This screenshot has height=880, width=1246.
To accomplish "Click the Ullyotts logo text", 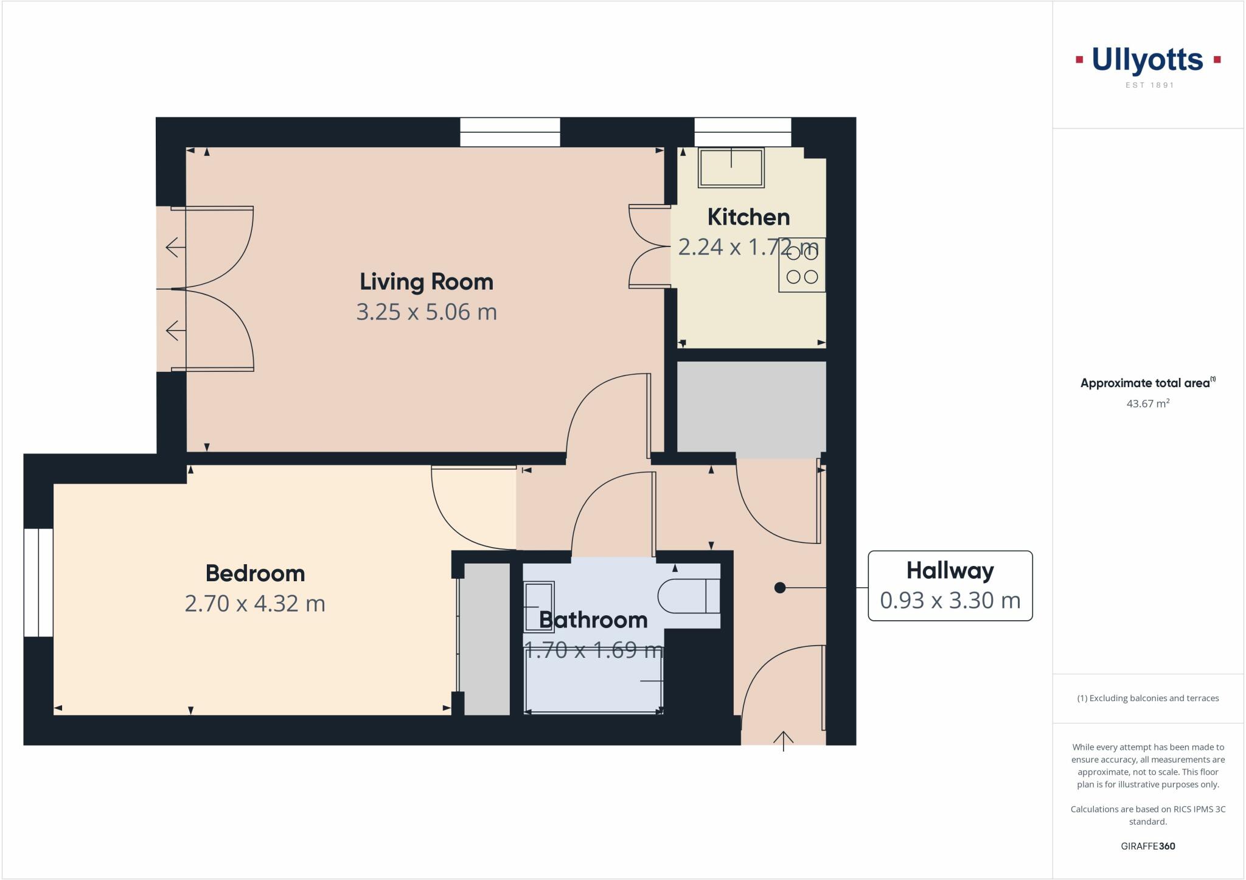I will pos(1147,60).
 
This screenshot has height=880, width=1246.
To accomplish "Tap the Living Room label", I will pos(426,282).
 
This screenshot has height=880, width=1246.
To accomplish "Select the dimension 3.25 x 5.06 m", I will pos(426,312).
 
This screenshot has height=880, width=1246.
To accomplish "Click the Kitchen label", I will pos(748,217).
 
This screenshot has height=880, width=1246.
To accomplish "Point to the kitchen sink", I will pos(731,167).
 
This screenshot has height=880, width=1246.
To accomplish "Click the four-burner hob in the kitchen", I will pos(802,265).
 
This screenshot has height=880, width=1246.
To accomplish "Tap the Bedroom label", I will pos(255,573).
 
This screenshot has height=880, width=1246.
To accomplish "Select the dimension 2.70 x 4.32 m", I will pos(255,604).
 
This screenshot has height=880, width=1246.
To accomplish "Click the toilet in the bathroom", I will pos(689,596).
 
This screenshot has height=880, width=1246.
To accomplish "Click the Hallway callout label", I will pos(950,571).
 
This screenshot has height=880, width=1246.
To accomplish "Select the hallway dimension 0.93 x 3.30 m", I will pos(950,601).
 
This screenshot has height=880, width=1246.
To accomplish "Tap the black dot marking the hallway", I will pos(780,588).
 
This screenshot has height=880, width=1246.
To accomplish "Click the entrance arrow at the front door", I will pos(783,741).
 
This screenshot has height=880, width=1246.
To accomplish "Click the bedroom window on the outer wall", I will pos(38,582).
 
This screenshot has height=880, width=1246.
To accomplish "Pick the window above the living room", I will pos(509,132).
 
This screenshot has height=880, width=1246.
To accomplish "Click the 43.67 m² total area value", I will pos(1147,403).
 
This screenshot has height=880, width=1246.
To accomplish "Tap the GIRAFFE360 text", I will pos(1147,846).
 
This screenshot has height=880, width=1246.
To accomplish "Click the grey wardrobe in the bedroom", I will pos(484,639).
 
